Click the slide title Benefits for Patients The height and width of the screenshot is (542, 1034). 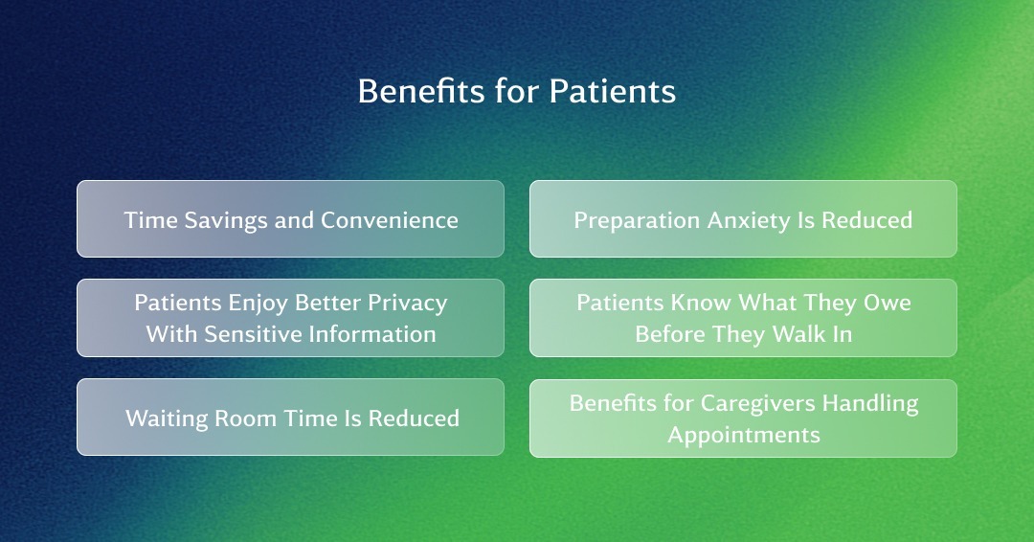[x=517, y=91]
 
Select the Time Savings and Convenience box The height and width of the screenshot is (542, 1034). [x=291, y=219]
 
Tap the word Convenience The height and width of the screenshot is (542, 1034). [x=389, y=220]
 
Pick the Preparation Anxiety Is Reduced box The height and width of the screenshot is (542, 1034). [x=743, y=219]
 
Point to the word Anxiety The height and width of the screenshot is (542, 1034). [x=749, y=221]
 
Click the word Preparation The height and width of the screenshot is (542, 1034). [x=637, y=221]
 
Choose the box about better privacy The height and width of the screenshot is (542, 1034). [x=291, y=318]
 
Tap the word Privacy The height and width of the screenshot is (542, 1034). [x=408, y=304]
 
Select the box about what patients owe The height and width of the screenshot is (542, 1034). [x=743, y=318]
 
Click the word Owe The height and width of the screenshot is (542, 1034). [x=888, y=303]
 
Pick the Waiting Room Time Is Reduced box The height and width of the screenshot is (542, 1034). [x=291, y=417]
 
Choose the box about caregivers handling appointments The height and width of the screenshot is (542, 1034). [x=743, y=418]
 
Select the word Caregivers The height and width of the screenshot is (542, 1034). [x=757, y=404]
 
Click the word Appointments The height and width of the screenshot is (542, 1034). [x=744, y=436]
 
